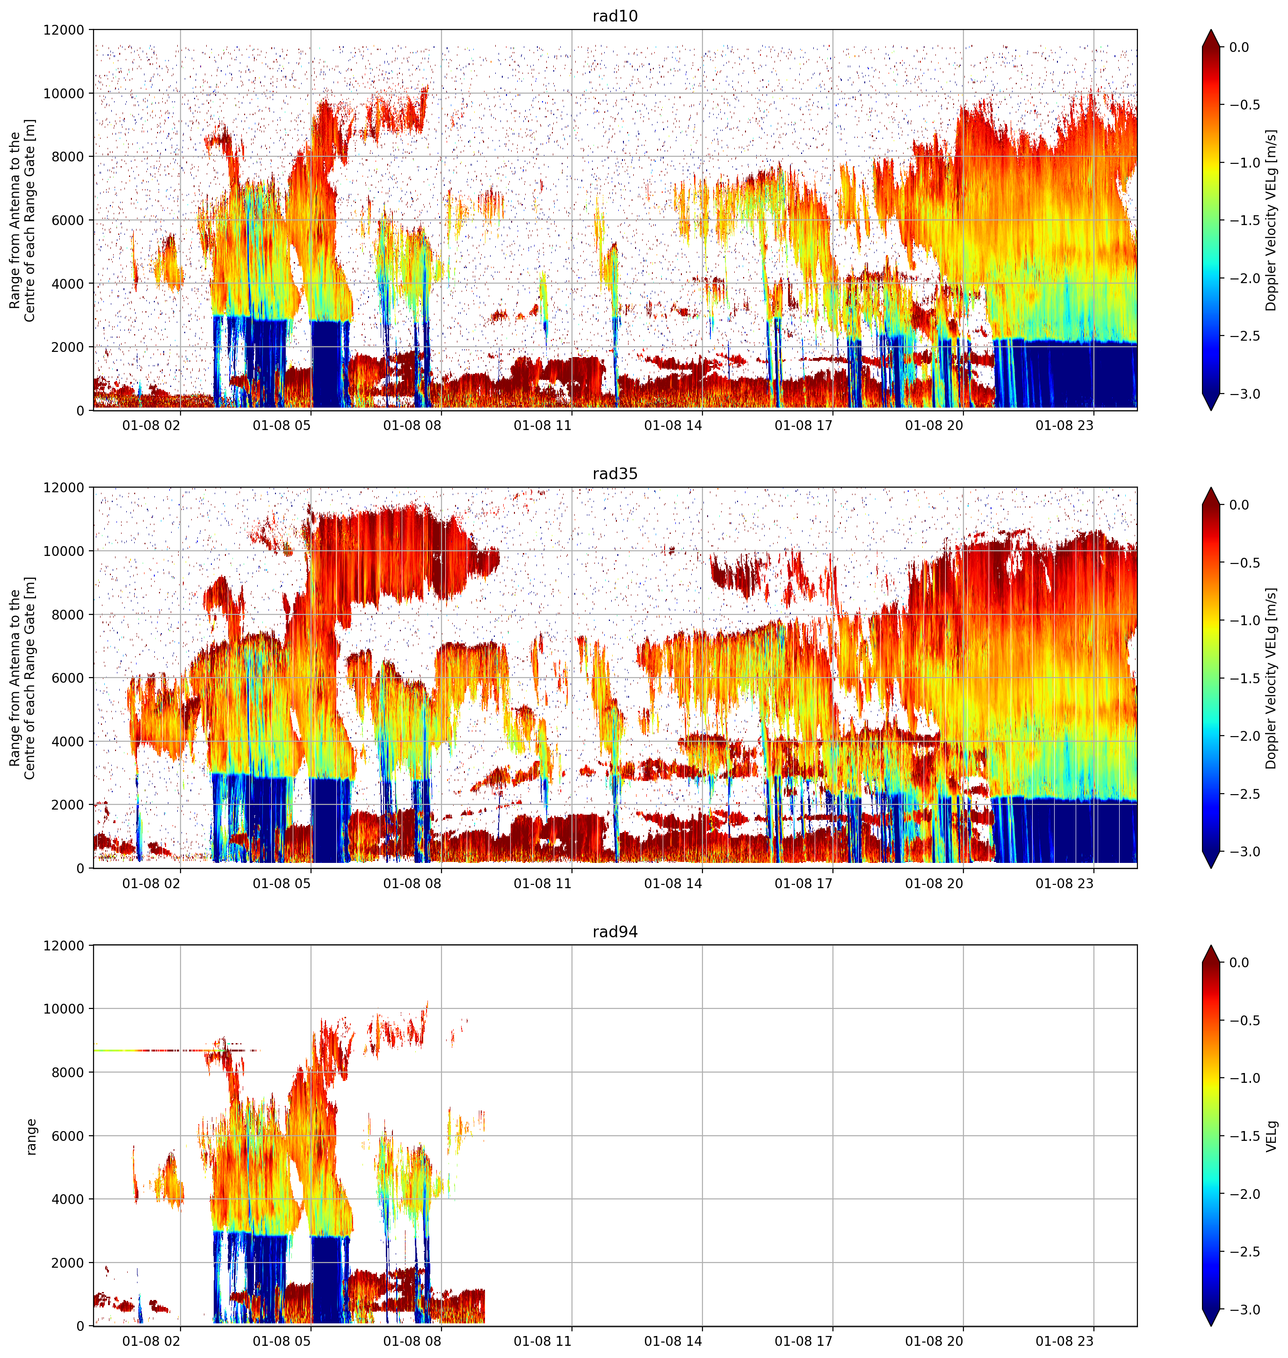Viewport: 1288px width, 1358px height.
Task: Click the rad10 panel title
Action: [615, 16]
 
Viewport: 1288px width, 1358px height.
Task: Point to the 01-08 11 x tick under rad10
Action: [543, 425]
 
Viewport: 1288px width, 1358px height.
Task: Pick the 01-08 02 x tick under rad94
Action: [151, 1341]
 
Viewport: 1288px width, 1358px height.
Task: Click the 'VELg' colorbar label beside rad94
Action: [1272, 1136]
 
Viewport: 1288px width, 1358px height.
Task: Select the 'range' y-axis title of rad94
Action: [31, 1137]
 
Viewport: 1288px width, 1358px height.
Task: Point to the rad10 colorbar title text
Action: [1272, 220]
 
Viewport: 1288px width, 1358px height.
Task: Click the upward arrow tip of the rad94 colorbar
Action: [1211, 946]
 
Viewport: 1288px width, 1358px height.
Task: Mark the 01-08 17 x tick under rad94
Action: [803, 1341]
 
